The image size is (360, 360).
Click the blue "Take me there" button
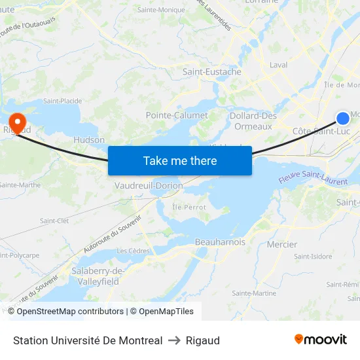tap(180, 160)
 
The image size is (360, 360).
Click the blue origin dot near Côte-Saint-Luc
tap(343, 118)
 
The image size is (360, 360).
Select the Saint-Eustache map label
tap(212, 72)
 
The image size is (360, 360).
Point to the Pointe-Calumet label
tap(177, 115)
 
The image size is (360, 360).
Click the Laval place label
tap(279, 65)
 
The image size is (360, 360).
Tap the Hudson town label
tap(89, 140)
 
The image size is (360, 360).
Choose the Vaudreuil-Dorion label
tap(149, 186)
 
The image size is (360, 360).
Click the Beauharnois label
tap(220, 242)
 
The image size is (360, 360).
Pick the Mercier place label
tap(282, 245)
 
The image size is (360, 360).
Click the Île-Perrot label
tap(189, 207)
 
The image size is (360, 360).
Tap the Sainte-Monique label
tap(161, 10)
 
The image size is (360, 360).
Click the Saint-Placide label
tap(62, 101)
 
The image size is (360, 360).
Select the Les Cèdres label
tap(131, 251)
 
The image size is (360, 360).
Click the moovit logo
tap(321, 340)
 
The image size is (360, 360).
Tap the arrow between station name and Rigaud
tap(174, 340)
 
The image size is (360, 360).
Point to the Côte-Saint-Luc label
tap(321, 132)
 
